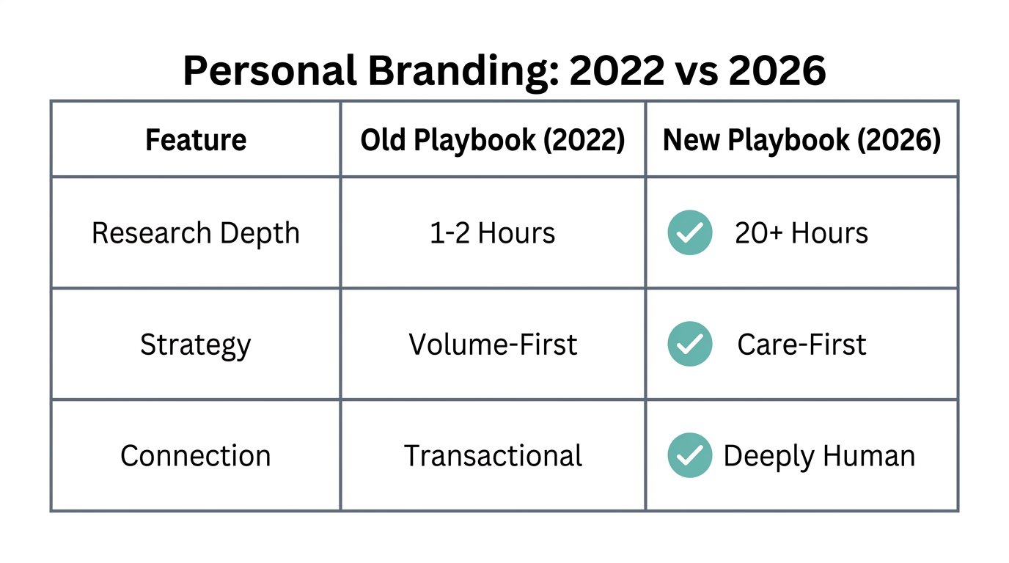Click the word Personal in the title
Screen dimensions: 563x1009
pyautogui.click(x=269, y=71)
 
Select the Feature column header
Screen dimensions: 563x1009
pyautogui.click(x=196, y=140)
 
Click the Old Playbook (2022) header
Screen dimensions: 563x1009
pyautogui.click(x=493, y=140)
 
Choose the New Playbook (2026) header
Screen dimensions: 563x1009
pyautogui.click(x=801, y=140)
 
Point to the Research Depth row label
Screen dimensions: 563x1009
pyautogui.click(x=196, y=233)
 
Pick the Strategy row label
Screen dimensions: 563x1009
pyautogui.click(x=196, y=345)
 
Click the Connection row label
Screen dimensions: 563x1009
pyautogui.click(x=196, y=456)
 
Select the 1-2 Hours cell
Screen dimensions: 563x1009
pyautogui.click(x=493, y=233)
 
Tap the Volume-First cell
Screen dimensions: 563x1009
pyautogui.click(x=493, y=345)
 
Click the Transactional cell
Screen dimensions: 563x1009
pyautogui.click(x=493, y=456)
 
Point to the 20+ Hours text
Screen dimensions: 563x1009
pyautogui.click(x=801, y=233)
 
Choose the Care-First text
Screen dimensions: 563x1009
pyautogui.click(x=801, y=345)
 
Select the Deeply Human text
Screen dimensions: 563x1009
pyautogui.click(x=819, y=456)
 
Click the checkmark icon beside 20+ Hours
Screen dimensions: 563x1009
pyautogui.click(x=689, y=233)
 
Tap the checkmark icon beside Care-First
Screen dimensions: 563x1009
pyautogui.click(x=689, y=345)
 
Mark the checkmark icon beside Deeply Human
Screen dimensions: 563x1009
pyautogui.click(x=689, y=456)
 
